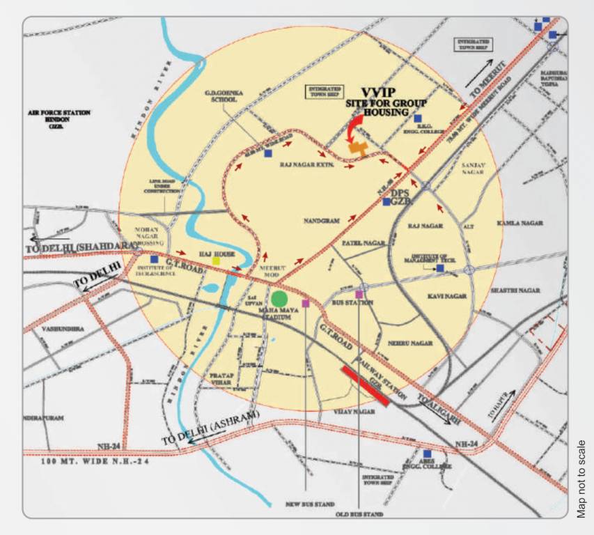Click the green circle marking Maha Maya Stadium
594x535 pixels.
pos(279,300)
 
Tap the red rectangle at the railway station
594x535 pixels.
pos(365,385)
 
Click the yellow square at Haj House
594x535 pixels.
pos(217,261)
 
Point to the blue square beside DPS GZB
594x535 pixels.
pos(387,202)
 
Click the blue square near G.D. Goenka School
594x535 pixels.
pos(268,153)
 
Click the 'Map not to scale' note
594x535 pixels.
pos(581,478)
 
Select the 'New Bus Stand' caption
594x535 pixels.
pos(305,503)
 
